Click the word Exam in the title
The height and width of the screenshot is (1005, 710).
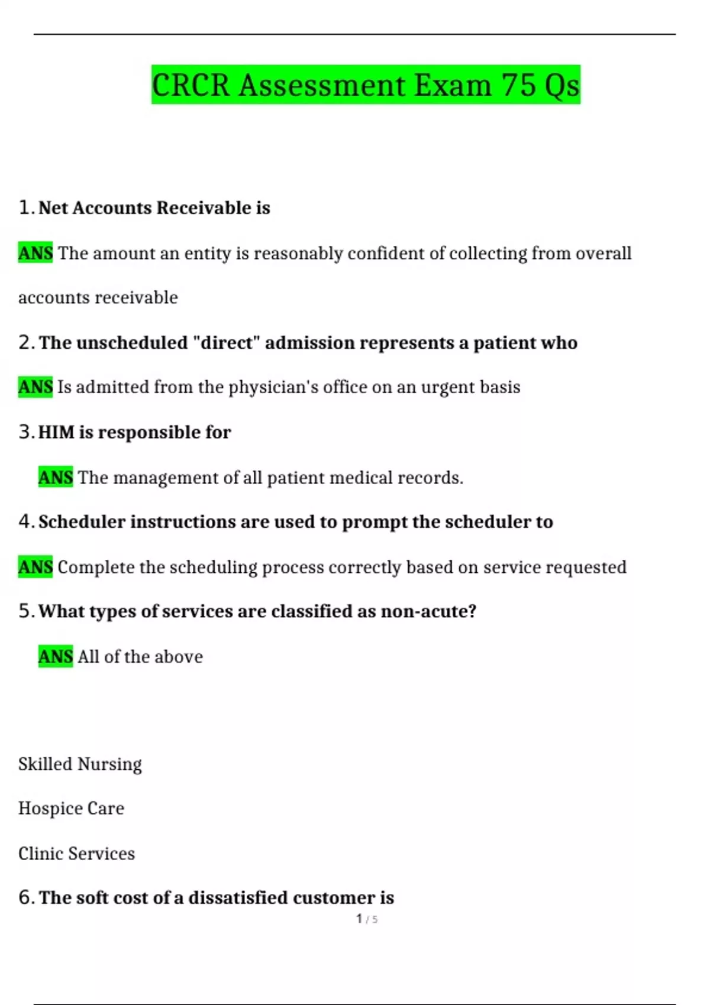coord(452,85)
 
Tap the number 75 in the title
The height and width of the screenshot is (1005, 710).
coord(519,85)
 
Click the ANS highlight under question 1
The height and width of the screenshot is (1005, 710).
coord(35,253)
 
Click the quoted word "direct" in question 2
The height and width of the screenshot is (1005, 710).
coord(226,343)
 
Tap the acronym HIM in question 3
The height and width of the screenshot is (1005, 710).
coord(57,432)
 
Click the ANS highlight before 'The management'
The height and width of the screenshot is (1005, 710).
coord(56,477)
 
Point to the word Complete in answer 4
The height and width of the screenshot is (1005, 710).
coord(96,567)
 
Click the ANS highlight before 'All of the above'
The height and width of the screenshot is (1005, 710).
coord(56,656)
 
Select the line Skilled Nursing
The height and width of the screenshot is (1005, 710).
coord(80,764)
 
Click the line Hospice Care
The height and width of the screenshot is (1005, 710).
coord(71,808)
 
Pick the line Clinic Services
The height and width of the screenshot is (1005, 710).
coord(76,853)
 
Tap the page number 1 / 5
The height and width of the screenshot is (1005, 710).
coord(367,919)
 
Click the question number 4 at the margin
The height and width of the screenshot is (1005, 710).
coord(24,521)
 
